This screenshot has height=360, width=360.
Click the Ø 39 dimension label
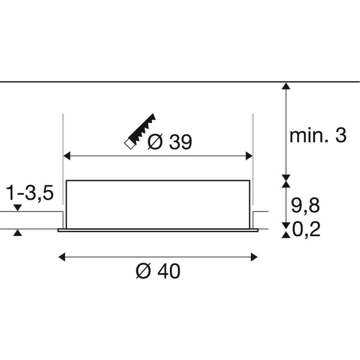tap(170, 143)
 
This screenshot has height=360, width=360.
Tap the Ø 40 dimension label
tap(158, 271)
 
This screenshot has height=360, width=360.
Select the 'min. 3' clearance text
tap(318, 136)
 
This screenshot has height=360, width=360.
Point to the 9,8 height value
tap(305, 206)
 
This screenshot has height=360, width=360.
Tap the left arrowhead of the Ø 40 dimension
tap(62, 257)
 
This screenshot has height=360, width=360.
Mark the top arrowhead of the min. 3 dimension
tap(285, 86)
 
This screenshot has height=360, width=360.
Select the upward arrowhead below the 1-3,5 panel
tap(17, 233)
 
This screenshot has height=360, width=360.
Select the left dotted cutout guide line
tap(63, 144)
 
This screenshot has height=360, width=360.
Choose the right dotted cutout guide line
tap(253, 144)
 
